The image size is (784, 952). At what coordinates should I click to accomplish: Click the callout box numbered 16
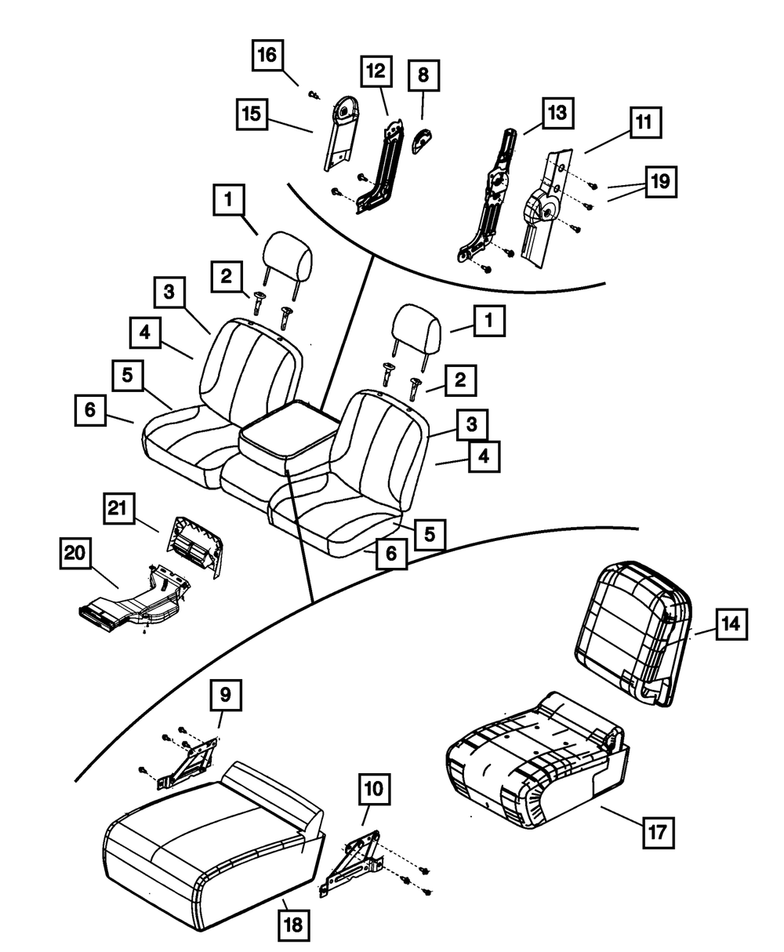click(x=267, y=56)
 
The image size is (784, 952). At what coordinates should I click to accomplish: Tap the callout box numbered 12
click(x=376, y=72)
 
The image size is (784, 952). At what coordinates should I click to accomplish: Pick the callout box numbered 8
click(x=423, y=76)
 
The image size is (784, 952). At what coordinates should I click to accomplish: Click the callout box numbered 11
click(x=643, y=123)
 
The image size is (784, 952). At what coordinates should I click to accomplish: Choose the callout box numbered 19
click(x=660, y=182)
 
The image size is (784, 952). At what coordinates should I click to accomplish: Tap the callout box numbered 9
click(x=225, y=695)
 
